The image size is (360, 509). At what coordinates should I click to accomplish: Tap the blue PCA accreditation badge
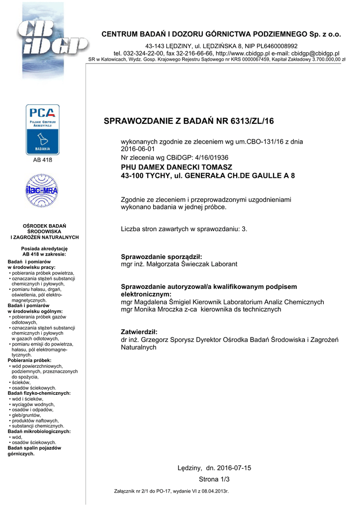[43, 129]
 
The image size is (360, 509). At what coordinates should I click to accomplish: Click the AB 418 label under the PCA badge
[43, 160]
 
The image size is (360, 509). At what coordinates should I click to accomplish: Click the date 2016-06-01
[138, 149]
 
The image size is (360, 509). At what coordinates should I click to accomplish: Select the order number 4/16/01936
[203, 158]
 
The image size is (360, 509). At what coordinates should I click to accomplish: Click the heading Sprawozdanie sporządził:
[162, 256]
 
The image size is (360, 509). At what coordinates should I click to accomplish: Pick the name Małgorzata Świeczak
[177, 264]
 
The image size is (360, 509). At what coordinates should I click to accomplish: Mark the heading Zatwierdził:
[139, 332]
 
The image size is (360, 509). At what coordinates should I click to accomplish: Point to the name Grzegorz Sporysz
[168, 339]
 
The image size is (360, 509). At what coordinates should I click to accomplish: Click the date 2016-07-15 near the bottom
[234, 468]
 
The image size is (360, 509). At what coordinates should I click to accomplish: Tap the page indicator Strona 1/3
[214, 479]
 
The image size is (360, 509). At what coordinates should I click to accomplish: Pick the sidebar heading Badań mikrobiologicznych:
[39, 431]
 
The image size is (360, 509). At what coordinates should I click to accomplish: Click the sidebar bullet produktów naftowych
[35, 421]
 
